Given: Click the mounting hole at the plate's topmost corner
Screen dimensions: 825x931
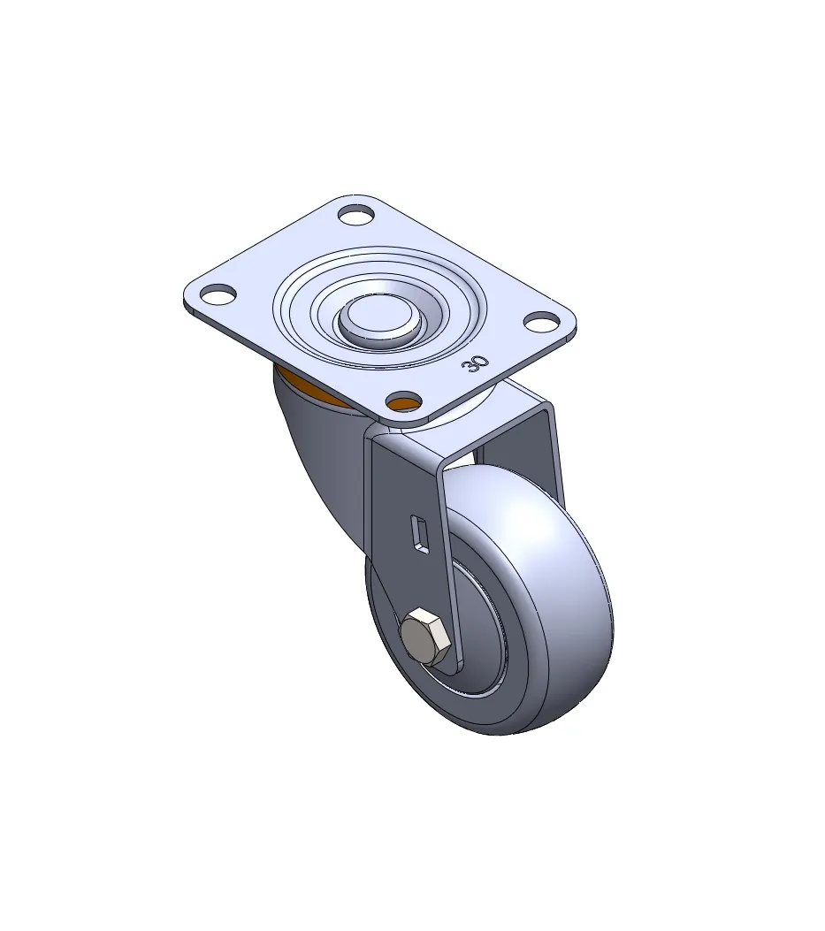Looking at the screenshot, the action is [355, 214].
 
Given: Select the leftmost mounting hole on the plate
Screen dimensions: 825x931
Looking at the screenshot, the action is [218, 294].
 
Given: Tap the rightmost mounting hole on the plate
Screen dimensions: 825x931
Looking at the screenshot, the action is [542, 321].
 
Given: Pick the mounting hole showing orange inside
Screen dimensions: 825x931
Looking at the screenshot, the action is [403, 401].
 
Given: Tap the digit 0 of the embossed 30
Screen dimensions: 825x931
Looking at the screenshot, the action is [481, 361].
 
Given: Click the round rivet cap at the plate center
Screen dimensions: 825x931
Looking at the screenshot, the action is [379, 319].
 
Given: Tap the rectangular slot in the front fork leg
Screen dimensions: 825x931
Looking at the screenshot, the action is [420, 534].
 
